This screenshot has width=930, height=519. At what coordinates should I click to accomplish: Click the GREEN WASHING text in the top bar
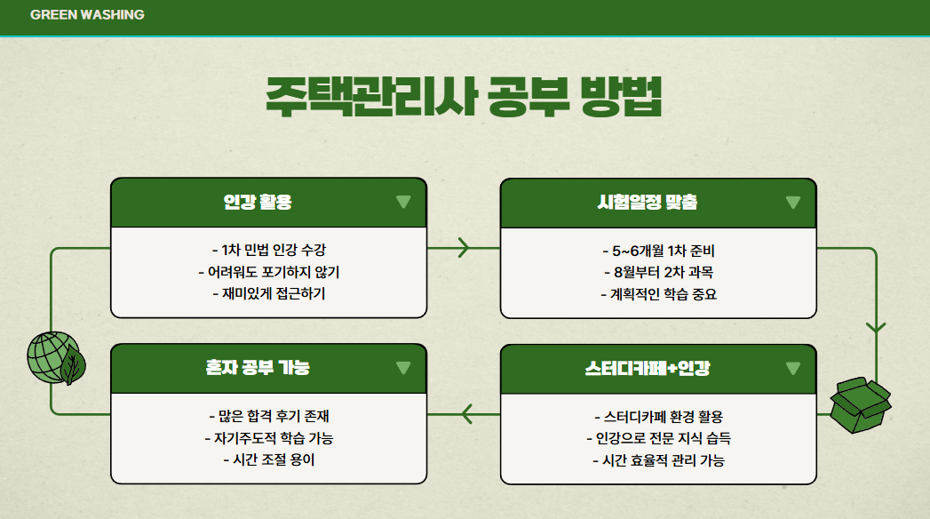coord(87,15)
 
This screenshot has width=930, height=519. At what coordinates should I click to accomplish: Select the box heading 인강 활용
coord(258,203)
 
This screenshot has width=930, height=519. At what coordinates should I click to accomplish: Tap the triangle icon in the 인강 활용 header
coord(403,203)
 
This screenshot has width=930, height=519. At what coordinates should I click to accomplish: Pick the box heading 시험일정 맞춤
coord(648,203)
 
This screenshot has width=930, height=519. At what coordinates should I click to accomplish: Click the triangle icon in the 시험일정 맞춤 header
coord(793,203)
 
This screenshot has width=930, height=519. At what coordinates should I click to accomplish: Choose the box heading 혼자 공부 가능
coord(258,368)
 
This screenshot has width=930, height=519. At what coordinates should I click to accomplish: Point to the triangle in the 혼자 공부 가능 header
coord(403,368)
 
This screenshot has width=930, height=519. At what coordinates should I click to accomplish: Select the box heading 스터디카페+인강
coord(647,368)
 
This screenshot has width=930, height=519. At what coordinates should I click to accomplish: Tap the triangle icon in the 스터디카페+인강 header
coord(793,368)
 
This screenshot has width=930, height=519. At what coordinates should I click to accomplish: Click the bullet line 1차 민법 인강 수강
coord(268,250)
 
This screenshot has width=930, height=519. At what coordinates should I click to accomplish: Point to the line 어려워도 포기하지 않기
coord(268,271)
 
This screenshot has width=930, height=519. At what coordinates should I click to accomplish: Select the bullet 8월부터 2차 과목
coord(657,271)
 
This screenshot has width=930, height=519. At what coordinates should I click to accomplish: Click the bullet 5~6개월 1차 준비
coord(657,250)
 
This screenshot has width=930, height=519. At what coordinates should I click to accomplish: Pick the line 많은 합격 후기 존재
coord(268,415)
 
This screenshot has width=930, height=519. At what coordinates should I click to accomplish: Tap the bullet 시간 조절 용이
coord(268,459)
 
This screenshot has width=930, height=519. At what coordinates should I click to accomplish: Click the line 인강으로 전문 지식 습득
coord(657,437)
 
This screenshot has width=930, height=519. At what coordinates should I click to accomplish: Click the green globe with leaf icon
coord(55,357)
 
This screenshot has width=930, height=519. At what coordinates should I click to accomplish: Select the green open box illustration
coord(859,405)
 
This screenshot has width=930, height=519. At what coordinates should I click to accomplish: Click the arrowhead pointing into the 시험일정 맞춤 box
coord(463,248)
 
